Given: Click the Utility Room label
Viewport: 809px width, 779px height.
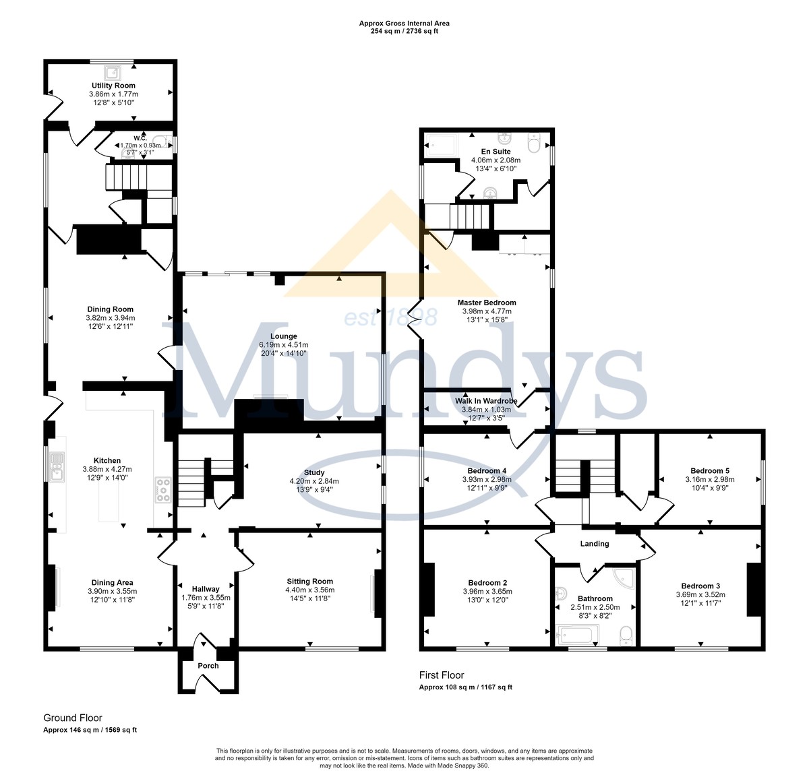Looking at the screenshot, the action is click(x=113, y=86).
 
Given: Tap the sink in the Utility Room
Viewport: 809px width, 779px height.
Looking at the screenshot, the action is click(x=113, y=73).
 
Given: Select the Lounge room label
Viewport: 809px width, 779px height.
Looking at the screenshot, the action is click(x=284, y=336).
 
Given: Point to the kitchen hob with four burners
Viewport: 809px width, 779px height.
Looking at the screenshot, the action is click(x=163, y=491).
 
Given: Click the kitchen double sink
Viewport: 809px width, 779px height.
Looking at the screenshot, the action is click(x=57, y=468).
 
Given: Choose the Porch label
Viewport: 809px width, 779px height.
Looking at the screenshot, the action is click(x=208, y=666).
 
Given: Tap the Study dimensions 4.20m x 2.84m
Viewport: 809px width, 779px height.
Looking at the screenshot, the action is click(x=314, y=481).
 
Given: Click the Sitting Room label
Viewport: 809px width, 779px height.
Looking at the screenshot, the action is click(x=309, y=582).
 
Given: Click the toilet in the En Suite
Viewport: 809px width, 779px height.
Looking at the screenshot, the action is click(x=533, y=142).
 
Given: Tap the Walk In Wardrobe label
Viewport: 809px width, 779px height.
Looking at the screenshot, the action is click(x=486, y=401).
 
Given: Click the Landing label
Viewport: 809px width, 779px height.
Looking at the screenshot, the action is click(x=595, y=543).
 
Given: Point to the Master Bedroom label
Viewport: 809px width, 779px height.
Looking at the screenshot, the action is click(x=487, y=303).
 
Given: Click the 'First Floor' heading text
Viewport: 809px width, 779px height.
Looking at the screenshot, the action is click(x=442, y=675).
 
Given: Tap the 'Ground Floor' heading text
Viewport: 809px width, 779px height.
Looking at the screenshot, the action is click(x=73, y=718).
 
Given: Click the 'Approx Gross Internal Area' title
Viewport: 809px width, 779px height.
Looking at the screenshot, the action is click(x=404, y=24).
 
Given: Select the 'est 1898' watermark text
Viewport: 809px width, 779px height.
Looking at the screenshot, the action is click(x=391, y=318).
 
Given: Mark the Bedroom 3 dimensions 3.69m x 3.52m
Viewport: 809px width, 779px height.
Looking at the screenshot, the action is click(x=700, y=594).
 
